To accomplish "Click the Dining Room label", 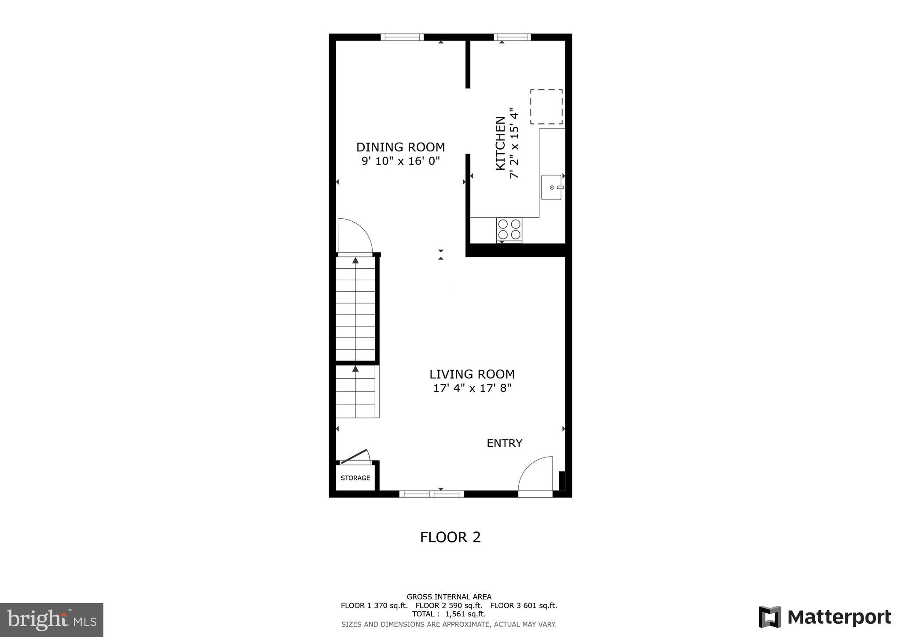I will coord(400,147).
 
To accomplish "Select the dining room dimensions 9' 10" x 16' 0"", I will coord(400,161).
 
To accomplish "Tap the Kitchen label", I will coord(501,143).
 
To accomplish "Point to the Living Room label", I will coord(472,374).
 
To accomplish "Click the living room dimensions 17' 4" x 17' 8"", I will coord(472,388).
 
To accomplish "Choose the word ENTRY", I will coord(504,443).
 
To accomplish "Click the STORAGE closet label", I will coord(355,478).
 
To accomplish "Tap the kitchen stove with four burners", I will coord(509,230).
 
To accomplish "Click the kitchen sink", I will coord(551,187).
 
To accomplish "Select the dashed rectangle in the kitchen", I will coord(546,107).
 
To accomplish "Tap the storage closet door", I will coord(355,457).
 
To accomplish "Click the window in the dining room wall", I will coord(402,37).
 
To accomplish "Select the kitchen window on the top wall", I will coord(512,37).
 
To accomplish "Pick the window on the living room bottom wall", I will coord(431,494).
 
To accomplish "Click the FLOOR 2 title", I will coord(450,537).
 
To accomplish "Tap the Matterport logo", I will coord(824,617).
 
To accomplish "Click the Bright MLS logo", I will coord(51,620).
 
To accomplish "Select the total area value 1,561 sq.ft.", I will coord(465,614).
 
